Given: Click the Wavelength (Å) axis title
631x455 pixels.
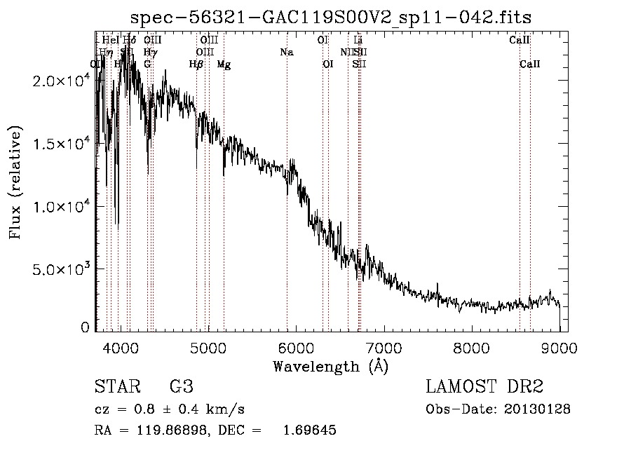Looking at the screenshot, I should [330, 366].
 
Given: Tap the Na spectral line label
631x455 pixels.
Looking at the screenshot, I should [286, 52].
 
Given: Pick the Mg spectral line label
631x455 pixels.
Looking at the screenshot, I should [224, 64].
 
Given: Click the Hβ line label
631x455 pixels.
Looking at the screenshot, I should [196, 64].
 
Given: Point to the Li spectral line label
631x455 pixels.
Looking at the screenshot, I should [358, 40].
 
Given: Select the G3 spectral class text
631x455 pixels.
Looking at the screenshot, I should [182, 387].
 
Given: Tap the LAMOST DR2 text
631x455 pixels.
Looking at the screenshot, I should [484, 387].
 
